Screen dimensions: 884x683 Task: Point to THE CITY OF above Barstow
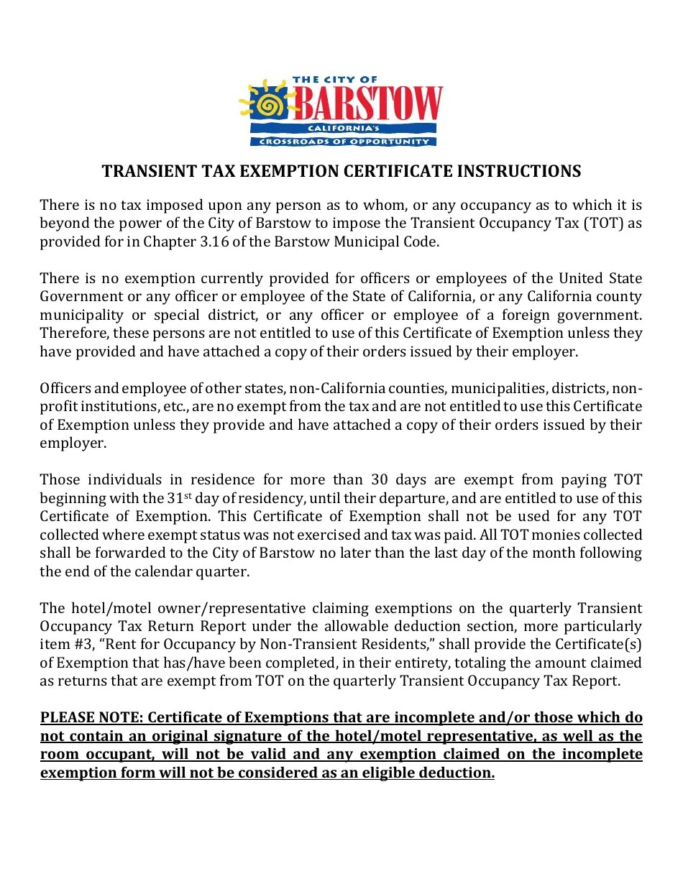coord(335,80)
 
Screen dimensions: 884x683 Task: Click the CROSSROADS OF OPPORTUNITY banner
coord(344,142)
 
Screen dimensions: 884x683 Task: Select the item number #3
coord(82,645)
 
